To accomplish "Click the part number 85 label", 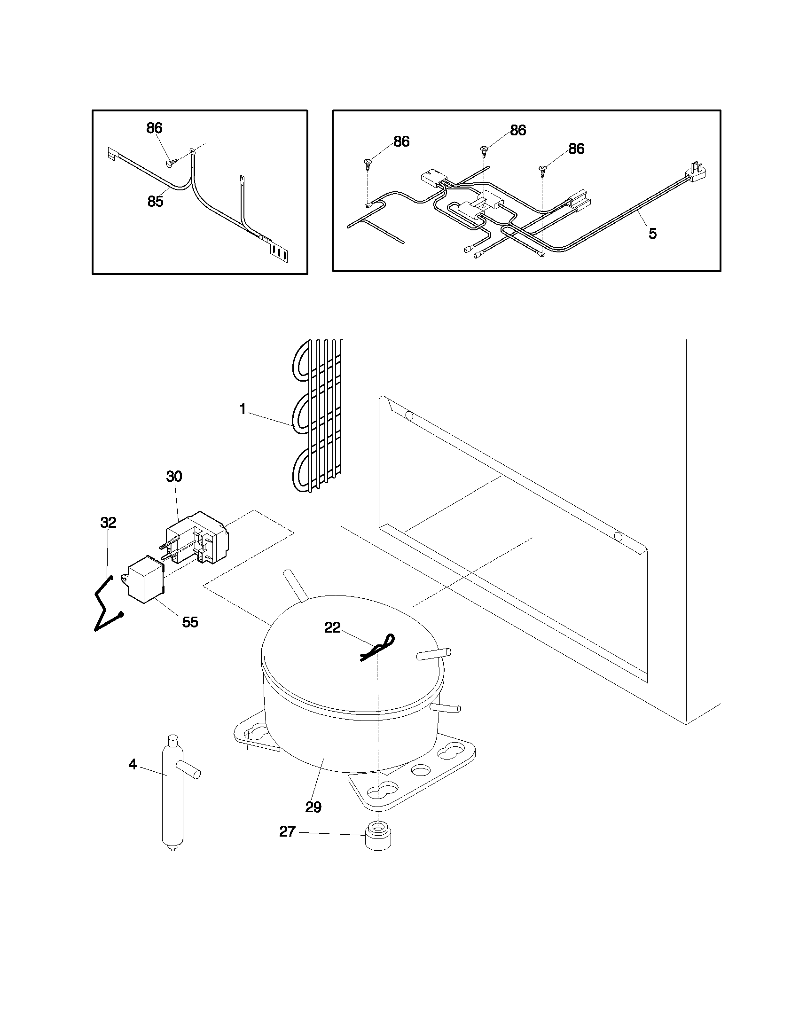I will coord(155,202).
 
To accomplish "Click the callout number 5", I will coord(652,234).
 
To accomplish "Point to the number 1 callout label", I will coord(243,409).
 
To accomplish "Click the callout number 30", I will coord(174,477).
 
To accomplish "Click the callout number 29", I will coord(313,807).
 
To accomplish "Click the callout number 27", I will coord(287,831).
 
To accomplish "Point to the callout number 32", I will coord(108,523).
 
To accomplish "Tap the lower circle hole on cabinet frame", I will coord(618,537).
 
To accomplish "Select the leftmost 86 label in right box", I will coord(401,141).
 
